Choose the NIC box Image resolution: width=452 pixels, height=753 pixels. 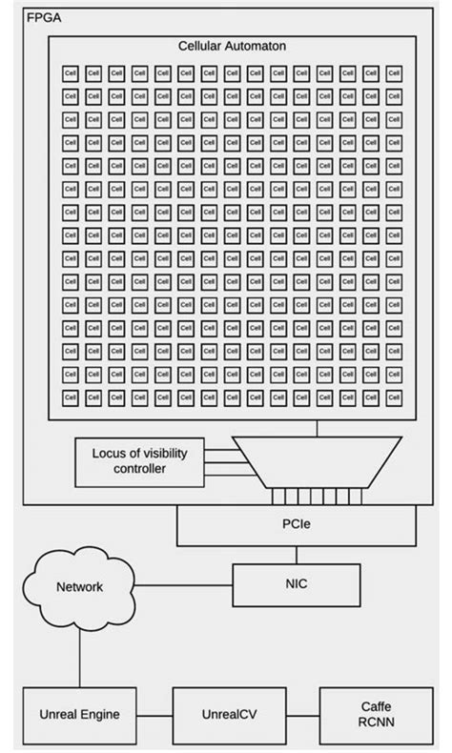pyautogui.click(x=297, y=586)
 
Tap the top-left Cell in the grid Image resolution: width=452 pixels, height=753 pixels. pyautogui.click(x=71, y=71)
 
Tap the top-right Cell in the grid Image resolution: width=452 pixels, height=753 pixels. pyautogui.click(x=395, y=71)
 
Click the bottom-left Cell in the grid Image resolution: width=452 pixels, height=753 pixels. pyautogui.click(x=71, y=396)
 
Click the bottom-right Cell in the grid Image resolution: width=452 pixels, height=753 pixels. pyautogui.click(x=395, y=396)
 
